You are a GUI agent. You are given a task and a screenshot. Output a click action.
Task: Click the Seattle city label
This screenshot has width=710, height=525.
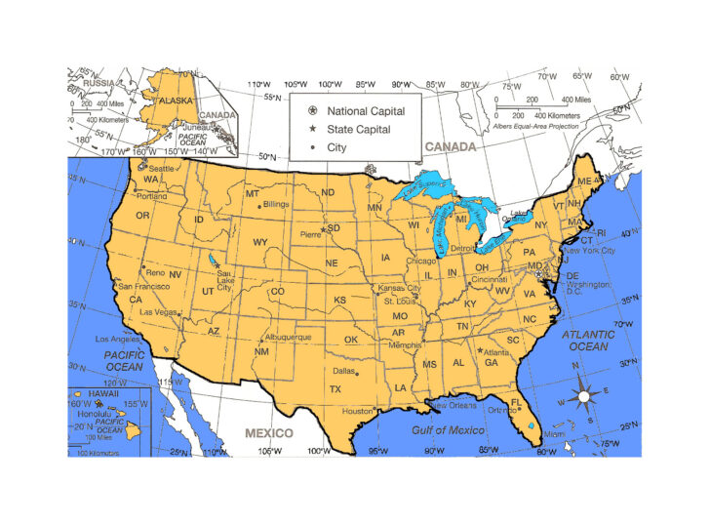162,169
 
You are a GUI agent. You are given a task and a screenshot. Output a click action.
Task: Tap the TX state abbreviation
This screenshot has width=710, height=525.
335,388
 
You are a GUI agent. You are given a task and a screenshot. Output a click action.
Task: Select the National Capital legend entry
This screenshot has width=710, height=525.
365,111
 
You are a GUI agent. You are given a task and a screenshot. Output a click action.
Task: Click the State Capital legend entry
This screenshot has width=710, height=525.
358,129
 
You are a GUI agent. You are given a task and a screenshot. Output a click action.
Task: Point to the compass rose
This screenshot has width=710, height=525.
584,396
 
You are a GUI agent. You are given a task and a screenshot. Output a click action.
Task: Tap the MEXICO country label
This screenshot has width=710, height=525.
268,432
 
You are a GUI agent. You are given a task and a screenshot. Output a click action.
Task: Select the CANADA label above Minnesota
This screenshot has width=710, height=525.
450,147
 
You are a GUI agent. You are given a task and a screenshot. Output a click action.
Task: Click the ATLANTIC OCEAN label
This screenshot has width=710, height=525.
588,340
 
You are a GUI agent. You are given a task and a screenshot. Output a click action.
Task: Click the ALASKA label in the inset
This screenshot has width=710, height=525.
177,100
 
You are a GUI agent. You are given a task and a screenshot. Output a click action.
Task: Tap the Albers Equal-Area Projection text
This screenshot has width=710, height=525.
535,126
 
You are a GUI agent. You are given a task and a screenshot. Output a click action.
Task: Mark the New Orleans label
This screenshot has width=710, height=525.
453,404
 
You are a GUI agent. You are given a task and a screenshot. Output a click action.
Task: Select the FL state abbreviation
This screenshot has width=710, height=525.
516,402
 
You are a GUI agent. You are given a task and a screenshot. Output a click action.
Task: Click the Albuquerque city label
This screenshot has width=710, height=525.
289,337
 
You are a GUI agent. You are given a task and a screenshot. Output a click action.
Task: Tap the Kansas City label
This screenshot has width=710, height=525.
400,288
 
